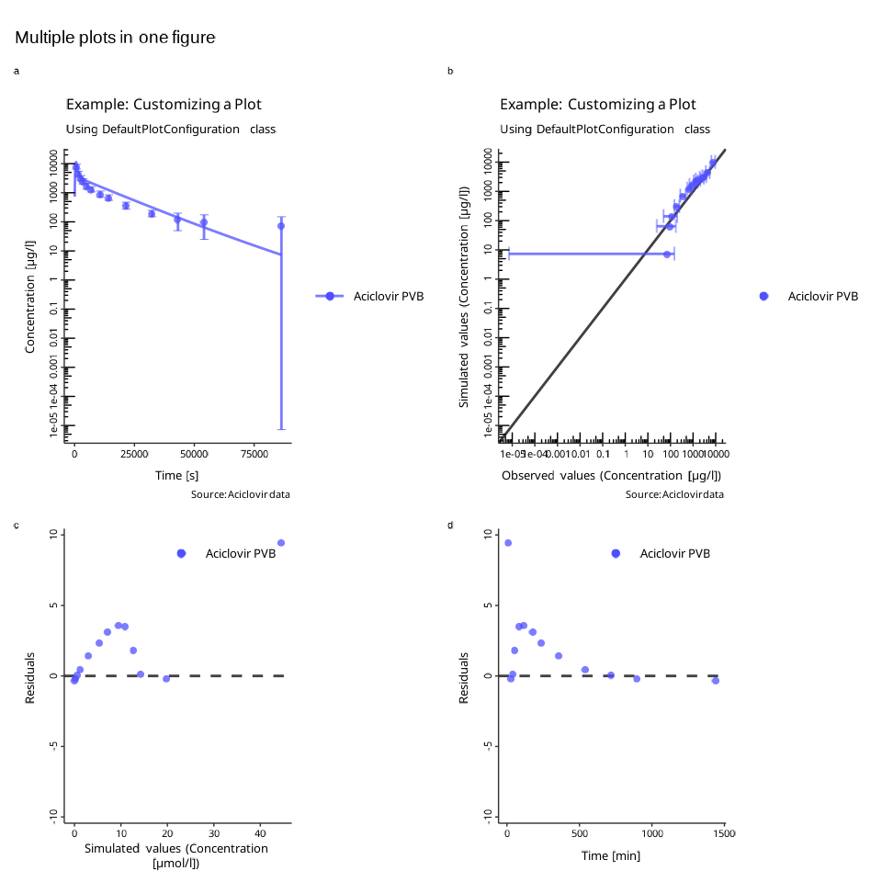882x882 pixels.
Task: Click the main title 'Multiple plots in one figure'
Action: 115,38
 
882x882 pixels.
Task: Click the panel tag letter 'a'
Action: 16,71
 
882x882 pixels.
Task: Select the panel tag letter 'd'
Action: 450,526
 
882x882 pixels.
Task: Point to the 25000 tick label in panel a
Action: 135,454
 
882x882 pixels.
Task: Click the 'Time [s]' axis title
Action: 177,476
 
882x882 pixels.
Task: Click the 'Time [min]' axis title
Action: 611,856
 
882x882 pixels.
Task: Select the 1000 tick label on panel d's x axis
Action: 651,833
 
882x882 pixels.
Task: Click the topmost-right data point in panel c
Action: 281,543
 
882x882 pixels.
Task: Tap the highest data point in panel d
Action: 508,543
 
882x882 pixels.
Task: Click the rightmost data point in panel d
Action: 716,681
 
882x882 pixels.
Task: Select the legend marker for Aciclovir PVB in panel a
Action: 330,296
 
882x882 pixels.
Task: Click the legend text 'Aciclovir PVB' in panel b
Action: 823,296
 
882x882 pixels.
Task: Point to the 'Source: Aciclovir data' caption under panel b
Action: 674,494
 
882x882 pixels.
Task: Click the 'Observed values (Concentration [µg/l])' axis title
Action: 611,476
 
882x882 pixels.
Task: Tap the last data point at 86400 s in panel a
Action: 281,226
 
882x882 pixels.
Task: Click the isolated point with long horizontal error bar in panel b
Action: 667,254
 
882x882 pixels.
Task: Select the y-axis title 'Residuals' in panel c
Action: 30,678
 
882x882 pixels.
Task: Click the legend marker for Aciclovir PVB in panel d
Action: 616,553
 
